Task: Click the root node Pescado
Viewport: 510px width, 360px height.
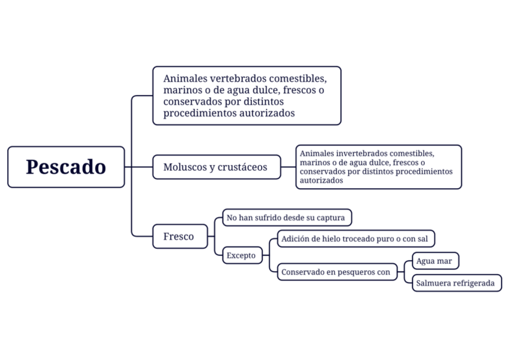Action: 66,167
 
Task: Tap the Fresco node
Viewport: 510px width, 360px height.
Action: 179,236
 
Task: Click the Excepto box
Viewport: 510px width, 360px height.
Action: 241,255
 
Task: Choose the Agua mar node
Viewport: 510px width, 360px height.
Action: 435,261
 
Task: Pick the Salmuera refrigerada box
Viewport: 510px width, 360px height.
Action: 456,282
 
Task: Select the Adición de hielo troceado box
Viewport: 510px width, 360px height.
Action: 356,239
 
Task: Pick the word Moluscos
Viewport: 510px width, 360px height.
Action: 183,167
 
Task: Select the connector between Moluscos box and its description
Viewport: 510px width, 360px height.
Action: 288,167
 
